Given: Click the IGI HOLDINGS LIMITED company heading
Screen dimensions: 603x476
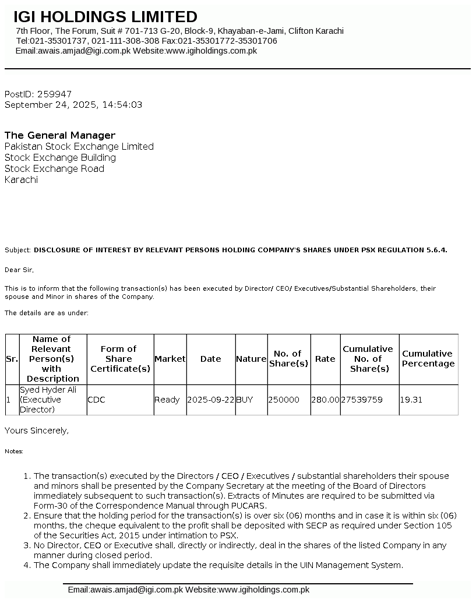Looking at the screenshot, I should [105, 17].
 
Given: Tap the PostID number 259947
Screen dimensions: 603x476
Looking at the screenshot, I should [55, 94].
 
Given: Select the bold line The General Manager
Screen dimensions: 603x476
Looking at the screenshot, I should [60, 135].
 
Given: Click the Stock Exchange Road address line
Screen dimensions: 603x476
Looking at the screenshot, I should [54, 168].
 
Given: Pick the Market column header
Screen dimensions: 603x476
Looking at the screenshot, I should [170, 359].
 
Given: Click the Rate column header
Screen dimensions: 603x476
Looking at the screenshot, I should [325, 359].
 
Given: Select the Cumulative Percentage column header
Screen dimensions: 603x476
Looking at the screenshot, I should [428, 359].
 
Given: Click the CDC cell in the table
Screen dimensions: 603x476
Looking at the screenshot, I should [96, 400].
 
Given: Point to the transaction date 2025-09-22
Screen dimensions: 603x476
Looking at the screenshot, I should [210, 400].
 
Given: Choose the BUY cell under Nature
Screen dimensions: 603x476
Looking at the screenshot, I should [245, 400].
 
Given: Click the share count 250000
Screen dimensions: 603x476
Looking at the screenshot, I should [284, 400].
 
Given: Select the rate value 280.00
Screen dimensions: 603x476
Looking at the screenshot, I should [325, 400].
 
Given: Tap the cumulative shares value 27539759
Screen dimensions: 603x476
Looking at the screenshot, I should [362, 400].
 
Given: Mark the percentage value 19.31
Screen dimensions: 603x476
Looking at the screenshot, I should [410, 400].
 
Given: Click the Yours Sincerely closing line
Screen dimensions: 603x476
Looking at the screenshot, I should [37, 431].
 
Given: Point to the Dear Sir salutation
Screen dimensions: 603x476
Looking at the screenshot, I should [19, 270].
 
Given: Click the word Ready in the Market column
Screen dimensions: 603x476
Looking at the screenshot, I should [167, 400].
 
